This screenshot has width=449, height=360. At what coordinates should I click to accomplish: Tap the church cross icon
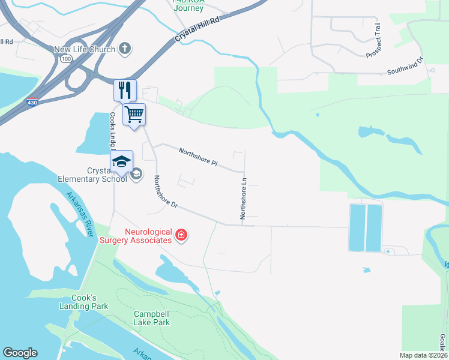(125, 49)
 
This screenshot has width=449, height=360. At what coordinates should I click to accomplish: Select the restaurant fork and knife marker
(125, 91)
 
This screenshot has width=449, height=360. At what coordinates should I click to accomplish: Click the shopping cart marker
(134, 113)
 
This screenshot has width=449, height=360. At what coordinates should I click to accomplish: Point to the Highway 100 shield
(64, 59)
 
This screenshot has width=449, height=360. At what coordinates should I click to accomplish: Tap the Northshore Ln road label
(244, 198)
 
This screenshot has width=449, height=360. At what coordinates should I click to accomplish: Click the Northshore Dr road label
(166, 191)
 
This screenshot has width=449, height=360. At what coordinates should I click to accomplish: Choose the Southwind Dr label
(405, 66)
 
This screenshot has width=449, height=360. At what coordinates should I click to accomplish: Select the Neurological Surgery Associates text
(148, 236)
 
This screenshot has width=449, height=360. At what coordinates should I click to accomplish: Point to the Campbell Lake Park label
(151, 318)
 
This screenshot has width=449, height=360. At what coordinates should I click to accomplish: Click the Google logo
(20, 353)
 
